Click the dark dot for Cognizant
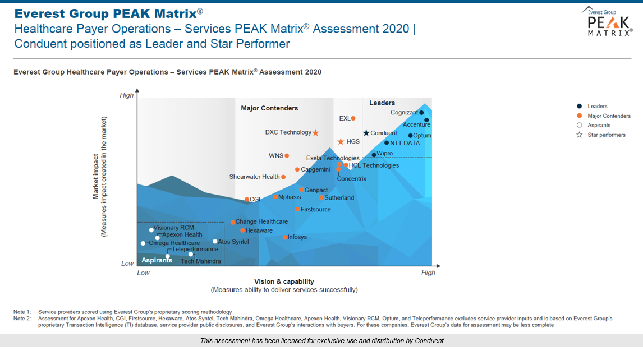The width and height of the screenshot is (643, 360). [421, 113]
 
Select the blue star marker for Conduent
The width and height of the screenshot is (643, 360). [366, 133]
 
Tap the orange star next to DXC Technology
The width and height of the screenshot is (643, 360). [315, 132]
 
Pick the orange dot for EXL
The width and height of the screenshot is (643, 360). [353, 118]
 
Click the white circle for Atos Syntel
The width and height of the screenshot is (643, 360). [215, 242]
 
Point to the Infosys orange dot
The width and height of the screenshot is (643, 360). [285, 237]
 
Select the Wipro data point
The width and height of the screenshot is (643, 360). [374, 155]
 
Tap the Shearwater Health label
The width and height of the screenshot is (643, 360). [254, 177]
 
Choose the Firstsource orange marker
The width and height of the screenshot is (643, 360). [297, 209]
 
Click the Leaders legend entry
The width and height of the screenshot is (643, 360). [597, 106]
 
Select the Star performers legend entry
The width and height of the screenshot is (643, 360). [606, 135]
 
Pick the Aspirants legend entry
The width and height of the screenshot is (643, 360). [599, 125]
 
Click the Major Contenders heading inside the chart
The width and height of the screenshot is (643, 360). [269, 108]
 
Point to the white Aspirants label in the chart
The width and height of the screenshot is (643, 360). [157, 260]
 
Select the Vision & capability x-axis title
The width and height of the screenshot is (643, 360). [284, 281]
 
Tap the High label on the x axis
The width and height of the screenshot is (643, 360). [428, 273]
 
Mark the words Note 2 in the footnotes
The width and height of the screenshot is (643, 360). [22, 319]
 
